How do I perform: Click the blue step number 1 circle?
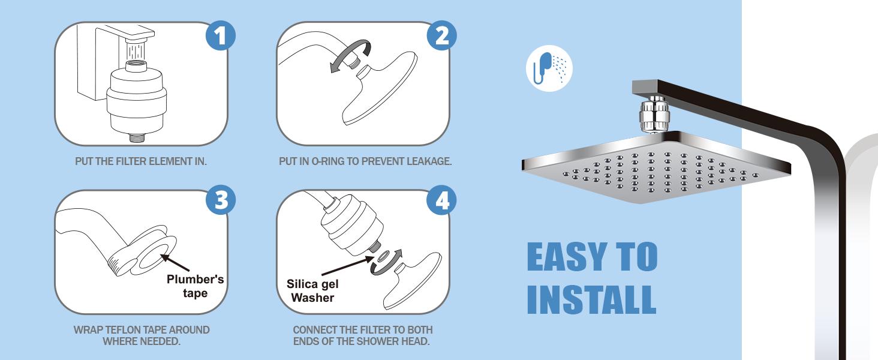tap(220, 37)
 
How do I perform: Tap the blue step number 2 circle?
tap(441, 37)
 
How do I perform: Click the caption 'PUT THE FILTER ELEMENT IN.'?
tap(141, 162)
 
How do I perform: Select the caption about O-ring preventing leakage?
tap(365, 162)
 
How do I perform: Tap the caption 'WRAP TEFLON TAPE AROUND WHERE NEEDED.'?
tap(142, 335)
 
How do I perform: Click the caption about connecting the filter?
tap(362, 335)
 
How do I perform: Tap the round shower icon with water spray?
tap(549, 68)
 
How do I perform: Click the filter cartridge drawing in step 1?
tap(131, 102)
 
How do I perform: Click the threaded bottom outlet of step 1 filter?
tap(139, 137)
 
